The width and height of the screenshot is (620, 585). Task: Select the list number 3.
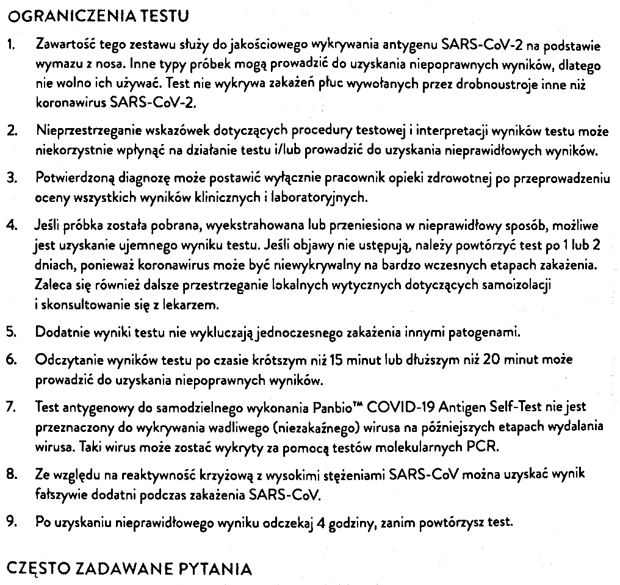pos(11,178)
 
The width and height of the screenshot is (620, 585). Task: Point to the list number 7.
pos(11,406)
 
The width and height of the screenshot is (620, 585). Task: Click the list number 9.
pos(11,522)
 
